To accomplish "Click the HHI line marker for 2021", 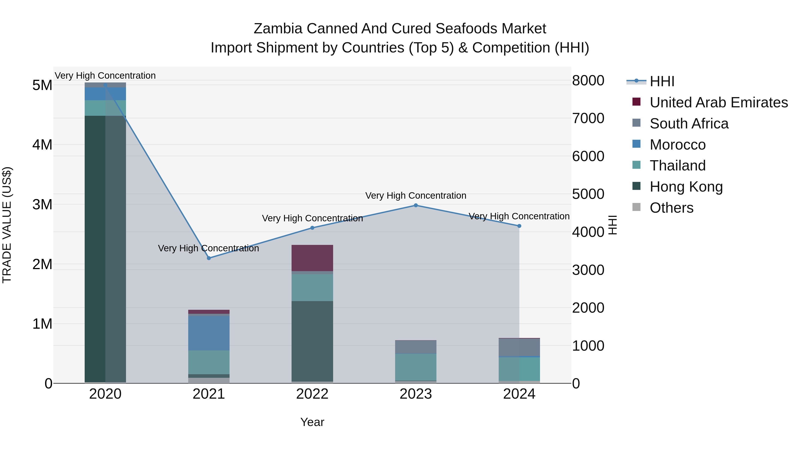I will coord(209,258).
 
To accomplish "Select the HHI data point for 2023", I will coord(416,205).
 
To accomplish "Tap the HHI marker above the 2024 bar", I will coord(519,226).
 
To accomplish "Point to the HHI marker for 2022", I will coord(312,228).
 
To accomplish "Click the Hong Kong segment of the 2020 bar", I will coord(105,248).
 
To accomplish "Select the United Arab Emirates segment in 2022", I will coord(312,258).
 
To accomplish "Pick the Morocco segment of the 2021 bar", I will coord(209,333).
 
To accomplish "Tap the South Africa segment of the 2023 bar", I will coord(416,347).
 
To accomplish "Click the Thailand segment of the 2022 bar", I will coord(312,287).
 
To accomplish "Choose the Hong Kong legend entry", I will coord(686,187).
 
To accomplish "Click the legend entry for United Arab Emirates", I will coord(718,102).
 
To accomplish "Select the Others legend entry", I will coord(671,208).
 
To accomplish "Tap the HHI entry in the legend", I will coord(662,81).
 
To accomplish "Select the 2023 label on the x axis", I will coord(416,394).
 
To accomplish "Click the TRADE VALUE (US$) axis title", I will coord(7,225).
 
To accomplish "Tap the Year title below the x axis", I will coord(312,422).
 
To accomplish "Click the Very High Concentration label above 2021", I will coord(208,248).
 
